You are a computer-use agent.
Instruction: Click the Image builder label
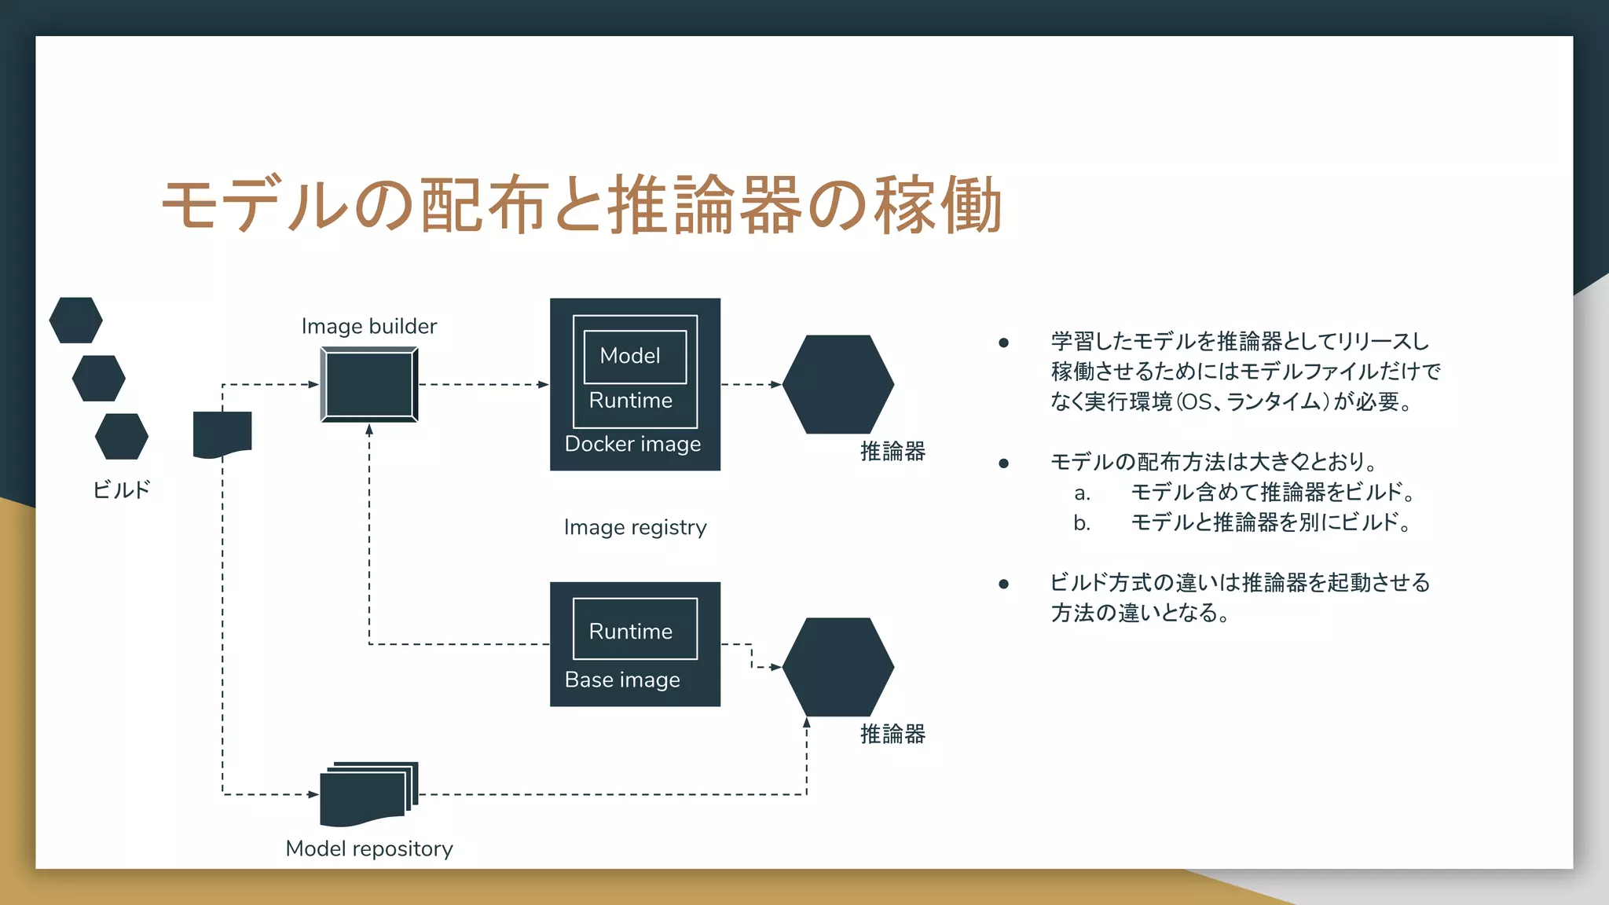click(x=368, y=326)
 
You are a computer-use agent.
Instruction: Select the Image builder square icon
click(x=369, y=385)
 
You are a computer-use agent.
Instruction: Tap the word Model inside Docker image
click(x=630, y=356)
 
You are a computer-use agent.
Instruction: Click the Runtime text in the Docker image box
click(x=630, y=401)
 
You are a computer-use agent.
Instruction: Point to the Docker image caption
click(x=632, y=445)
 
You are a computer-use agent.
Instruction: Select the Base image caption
click(x=622, y=680)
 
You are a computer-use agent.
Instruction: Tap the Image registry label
click(x=635, y=527)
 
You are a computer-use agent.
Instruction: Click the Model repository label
click(x=368, y=849)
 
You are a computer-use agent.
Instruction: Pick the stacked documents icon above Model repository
click(x=368, y=793)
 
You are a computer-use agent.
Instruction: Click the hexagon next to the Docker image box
click(x=838, y=384)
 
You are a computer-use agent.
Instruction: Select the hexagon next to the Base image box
click(x=838, y=667)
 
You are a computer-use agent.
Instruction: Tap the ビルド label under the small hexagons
click(x=121, y=490)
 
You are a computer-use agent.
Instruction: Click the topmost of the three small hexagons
click(x=75, y=321)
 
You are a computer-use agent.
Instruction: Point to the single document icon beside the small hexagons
click(x=222, y=434)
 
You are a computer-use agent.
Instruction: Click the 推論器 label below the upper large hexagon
click(x=892, y=452)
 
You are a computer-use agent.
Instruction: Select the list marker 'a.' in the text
click(x=1082, y=493)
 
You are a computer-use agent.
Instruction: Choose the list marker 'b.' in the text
click(x=1082, y=523)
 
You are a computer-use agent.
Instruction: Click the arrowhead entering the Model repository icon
click(x=313, y=794)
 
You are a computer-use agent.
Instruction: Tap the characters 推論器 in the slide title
click(x=704, y=206)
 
